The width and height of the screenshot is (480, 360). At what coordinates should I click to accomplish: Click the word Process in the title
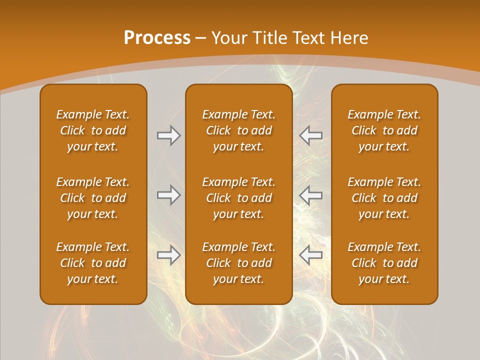[157, 38]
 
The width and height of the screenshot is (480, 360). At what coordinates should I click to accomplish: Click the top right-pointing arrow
[169, 135]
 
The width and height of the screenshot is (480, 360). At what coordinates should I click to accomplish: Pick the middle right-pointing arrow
[169, 195]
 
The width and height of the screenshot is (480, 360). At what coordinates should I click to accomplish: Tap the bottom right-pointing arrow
[169, 255]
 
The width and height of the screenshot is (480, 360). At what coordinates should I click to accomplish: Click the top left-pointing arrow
[311, 135]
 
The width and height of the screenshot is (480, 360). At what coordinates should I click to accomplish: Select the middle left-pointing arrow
[311, 195]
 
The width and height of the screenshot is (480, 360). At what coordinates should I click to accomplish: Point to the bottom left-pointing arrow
[311, 255]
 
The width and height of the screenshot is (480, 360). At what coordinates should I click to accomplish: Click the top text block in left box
[93, 130]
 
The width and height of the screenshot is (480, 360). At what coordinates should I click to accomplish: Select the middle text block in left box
[93, 198]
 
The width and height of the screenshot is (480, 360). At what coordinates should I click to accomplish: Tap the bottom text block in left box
[93, 263]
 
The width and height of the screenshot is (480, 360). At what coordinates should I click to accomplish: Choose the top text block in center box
[238, 130]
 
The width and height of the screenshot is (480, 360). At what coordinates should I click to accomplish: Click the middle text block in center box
[238, 198]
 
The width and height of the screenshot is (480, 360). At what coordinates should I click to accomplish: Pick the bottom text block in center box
[238, 263]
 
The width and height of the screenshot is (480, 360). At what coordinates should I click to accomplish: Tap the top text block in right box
[384, 130]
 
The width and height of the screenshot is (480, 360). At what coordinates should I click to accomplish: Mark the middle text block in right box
[384, 198]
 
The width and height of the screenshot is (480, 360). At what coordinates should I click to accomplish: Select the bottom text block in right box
[384, 263]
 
